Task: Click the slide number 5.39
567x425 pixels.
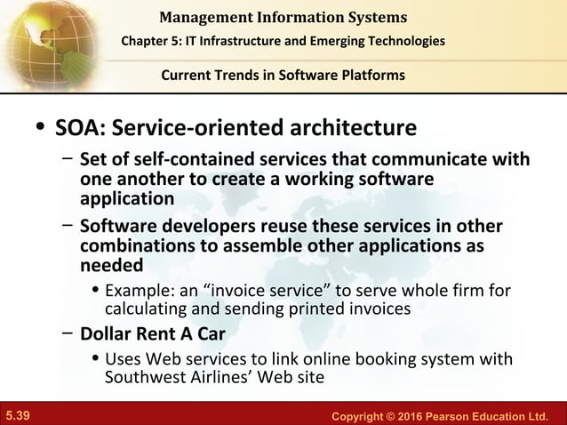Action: [x=18, y=415]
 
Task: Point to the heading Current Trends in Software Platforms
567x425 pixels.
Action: [x=283, y=75]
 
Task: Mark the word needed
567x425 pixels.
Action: [x=111, y=266]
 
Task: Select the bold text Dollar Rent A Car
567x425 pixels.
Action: [x=152, y=335]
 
